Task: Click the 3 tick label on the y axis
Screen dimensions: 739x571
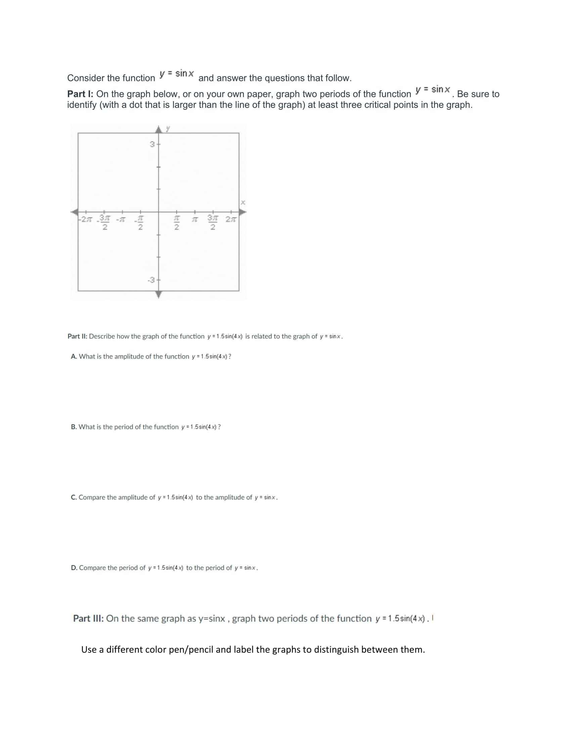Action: [x=152, y=144]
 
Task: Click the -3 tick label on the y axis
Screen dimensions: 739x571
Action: [x=151, y=280]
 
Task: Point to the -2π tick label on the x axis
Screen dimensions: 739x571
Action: [x=86, y=219]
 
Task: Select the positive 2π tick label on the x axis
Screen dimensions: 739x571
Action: [x=231, y=219]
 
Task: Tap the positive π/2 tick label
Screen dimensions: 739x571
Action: [x=177, y=223]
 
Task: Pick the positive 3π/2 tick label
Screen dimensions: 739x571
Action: [x=212, y=222]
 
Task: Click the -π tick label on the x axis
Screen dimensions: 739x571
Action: [x=121, y=219]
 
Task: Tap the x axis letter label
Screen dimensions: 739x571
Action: [x=243, y=203]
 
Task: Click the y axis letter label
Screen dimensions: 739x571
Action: [x=168, y=129]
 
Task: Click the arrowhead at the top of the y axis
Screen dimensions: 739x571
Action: [x=159, y=129]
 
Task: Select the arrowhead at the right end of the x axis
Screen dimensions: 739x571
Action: [x=243, y=212]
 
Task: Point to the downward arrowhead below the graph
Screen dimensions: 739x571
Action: [x=159, y=295]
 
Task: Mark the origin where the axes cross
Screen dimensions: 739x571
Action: [x=159, y=212]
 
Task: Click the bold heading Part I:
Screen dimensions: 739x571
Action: [x=81, y=94]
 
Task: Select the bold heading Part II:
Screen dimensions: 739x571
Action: [x=78, y=336]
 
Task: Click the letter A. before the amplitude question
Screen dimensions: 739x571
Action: [x=74, y=356]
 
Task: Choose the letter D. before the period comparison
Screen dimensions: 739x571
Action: [x=74, y=568]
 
